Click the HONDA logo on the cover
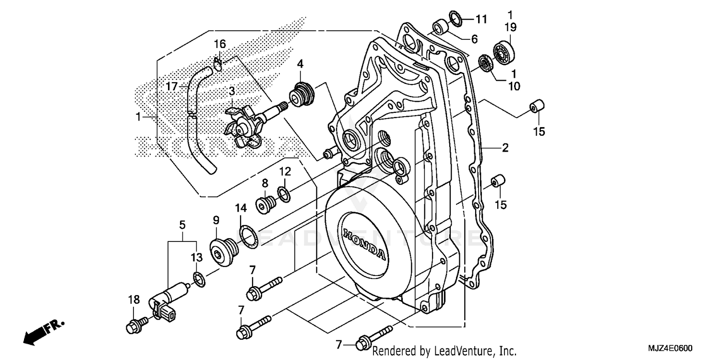pos(364,243)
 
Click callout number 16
pos(219,45)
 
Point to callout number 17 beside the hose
pos(172,86)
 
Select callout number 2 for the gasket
pos(504,148)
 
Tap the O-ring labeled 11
pos(456,18)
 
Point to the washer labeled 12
pos(284,194)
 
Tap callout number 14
pos(240,208)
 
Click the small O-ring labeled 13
pos(199,278)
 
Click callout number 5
pos(182,225)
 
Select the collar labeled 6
pos(441,26)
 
